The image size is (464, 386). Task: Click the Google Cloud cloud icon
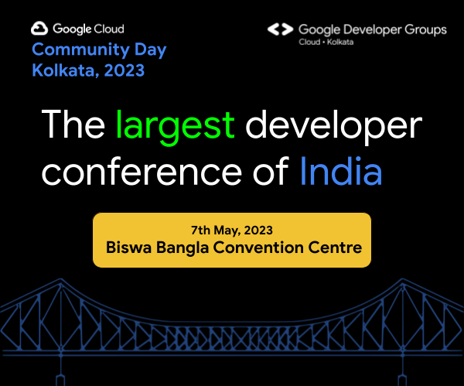pyautogui.click(x=39, y=29)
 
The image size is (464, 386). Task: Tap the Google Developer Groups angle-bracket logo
pyautogui.click(x=279, y=29)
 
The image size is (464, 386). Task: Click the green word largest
pyautogui.click(x=174, y=125)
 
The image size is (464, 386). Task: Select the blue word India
pyautogui.click(x=340, y=171)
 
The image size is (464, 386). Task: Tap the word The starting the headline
pyautogui.click(x=73, y=125)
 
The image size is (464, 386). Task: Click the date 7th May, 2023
pyautogui.click(x=231, y=231)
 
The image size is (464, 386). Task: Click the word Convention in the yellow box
pyautogui.click(x=271, y=249)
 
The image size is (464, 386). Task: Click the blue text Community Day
pyautogui.click(x=99, y=50)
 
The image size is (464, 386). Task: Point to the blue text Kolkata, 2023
pyautogui.click(x=88, y=70)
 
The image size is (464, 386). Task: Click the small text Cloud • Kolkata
pyautogui.click(x=326, y=42)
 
